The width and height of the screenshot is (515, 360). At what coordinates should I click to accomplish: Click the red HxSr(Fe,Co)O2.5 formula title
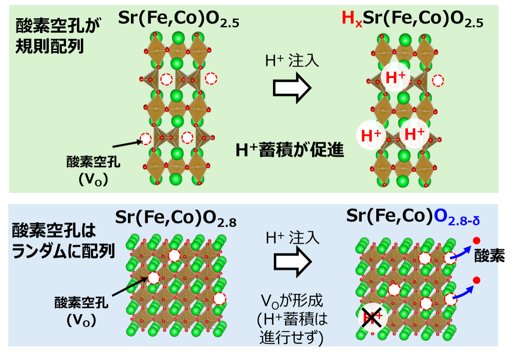(x=412, y=19)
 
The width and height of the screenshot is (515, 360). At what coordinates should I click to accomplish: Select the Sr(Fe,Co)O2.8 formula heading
(x=176, y=218)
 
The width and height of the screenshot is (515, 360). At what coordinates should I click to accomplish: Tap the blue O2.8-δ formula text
(x=457, y=217)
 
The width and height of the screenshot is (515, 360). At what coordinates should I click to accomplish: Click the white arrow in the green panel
(x=292, y=88)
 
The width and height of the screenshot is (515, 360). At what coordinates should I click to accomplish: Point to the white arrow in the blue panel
(x=293, y=262)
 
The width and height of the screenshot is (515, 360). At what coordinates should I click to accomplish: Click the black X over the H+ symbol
(x=372, y=317)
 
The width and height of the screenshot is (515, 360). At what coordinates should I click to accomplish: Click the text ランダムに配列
(x=63, y=251)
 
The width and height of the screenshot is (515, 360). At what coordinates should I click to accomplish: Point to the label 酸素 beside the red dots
(x=490, y=256)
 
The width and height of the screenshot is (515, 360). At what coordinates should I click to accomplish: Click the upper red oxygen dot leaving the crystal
(x=477, y=241)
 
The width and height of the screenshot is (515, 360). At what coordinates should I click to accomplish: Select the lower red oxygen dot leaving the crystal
(x=477, y=280)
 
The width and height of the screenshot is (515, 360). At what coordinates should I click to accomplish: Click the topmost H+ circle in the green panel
(x=396, y=77)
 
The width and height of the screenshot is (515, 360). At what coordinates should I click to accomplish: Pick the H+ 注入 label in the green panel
(x=292, y=61)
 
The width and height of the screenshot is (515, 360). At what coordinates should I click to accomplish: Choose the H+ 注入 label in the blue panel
(x=293, y=238)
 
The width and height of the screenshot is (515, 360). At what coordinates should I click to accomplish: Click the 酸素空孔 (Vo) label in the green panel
(x=93, y=171)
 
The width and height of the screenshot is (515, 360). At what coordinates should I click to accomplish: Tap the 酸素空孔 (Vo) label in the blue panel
(x=81, y=312)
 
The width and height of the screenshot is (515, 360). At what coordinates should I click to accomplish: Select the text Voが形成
(x=292, y=301)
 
